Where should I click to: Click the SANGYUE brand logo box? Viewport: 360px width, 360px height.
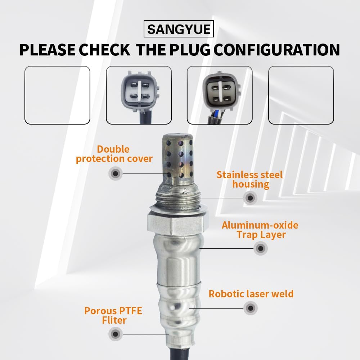pyautogui.click(x=179, y=29)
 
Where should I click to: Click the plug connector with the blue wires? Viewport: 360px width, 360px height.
pyautogui.click(x=220, y=95)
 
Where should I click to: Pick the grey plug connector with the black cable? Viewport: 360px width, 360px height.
pyautogui.click(x=139, y=95)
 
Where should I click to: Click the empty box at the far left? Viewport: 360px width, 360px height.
pyautogui.click(x=57, y=95)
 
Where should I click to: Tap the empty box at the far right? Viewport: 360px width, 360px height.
pyautogui.click(x=301, y=95)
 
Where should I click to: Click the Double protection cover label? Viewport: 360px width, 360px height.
pyautogui.click(x=114, y=154)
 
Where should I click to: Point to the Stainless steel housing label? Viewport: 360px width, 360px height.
pyautogui.click(x=250, y=180)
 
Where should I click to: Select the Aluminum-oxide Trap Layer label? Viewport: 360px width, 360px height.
pyautogui.click(x=260, y=230)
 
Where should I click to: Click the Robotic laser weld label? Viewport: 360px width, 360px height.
pyautogui.click(x=251, y=294)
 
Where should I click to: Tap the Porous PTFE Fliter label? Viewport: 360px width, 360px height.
pyautogui.click(x=113, y=315)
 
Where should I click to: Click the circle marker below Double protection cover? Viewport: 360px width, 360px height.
pyautogui.click(x=116, y=174)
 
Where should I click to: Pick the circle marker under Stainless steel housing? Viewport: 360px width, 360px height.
pyautogui.click(x=250, y=197)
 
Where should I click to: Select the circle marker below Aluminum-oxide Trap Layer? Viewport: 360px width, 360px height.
pyautogui.click(x=260, y=248)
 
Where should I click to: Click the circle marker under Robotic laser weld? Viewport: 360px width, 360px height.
pyautogui.click(x=250, y=308)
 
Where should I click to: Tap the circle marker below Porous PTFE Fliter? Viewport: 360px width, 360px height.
pyautogui.click(x=115, y=334)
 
